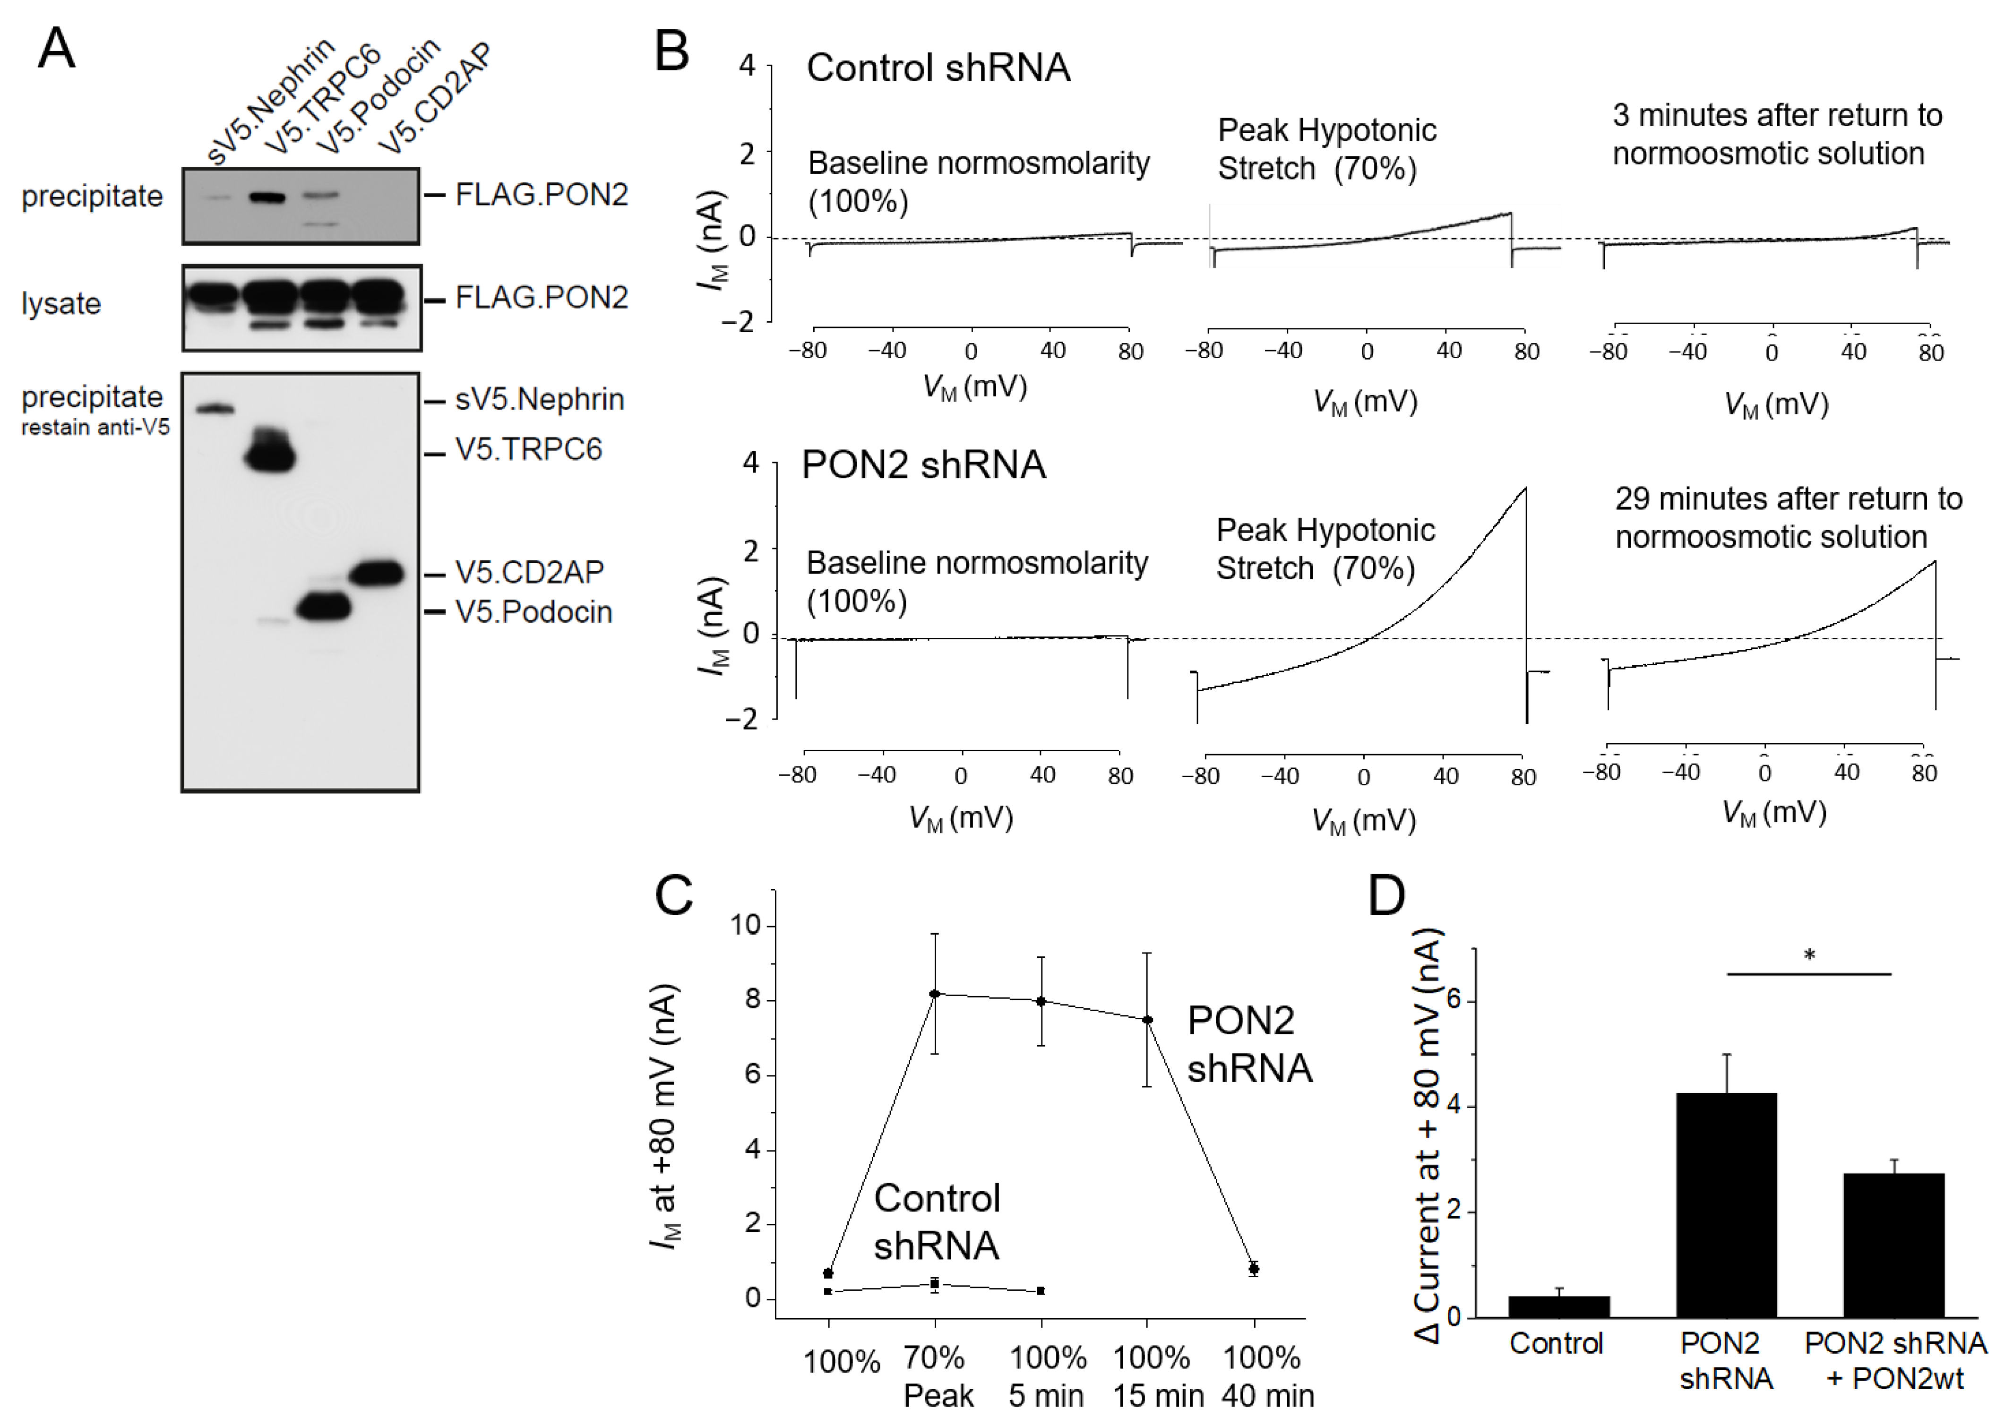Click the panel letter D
click(1387, 896)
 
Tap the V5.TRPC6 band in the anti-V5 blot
click(270, 455)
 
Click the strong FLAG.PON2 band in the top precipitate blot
click(268, 198)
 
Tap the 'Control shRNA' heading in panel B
click(938, 68)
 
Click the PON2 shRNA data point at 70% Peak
click(935, 994)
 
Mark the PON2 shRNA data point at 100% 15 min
click(1147, 1020)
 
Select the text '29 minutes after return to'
click(1788, 499)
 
